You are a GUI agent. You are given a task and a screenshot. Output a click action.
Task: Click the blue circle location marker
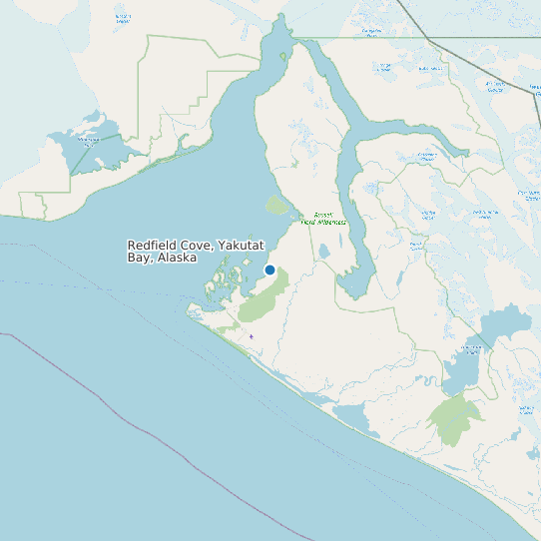point(270,270)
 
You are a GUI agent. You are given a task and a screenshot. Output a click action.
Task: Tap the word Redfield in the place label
point(152,245)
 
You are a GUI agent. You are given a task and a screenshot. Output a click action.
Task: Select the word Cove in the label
point(197,245)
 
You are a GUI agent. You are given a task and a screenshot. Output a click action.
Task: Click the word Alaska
point(176,258)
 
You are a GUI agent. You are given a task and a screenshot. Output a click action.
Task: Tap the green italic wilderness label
point(323,218)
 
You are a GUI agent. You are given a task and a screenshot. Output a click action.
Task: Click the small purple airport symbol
point(252,336)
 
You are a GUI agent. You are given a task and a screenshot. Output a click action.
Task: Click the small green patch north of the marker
point(276,206)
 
